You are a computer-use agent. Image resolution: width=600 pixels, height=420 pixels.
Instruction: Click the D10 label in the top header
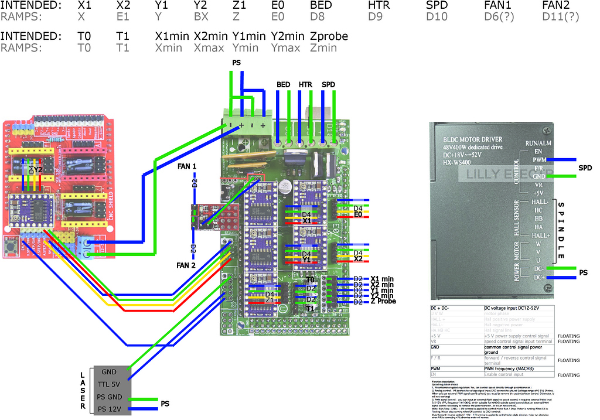coord(437,17)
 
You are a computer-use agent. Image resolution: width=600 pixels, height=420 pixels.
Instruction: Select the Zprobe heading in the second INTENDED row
coord(329,36)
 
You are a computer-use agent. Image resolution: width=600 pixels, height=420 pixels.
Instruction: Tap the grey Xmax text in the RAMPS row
coord(210,48)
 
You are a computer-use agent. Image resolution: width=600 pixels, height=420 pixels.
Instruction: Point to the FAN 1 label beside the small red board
coord(187,167)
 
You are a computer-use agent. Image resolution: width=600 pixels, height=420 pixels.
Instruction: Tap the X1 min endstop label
coord(382,279)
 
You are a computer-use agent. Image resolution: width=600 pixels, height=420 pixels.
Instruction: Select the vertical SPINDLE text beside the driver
coord(561,231)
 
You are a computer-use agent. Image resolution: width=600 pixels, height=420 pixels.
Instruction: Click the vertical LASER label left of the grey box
coord(83,390)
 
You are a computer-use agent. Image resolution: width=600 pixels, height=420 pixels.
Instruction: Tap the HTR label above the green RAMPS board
coord(305,85)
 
